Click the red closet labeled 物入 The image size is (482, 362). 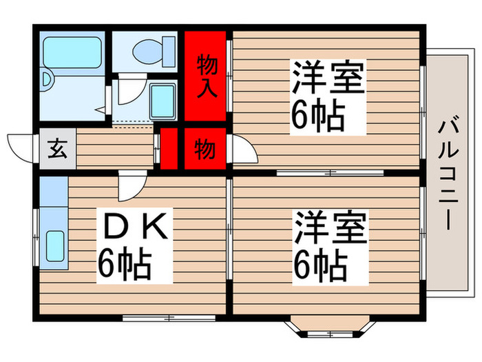(207, 76)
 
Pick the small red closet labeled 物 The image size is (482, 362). (205, 149)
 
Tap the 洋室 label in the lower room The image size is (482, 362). (327, 230)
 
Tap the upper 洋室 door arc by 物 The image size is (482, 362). (242, 149)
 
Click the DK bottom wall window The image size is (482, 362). (169, 317)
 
